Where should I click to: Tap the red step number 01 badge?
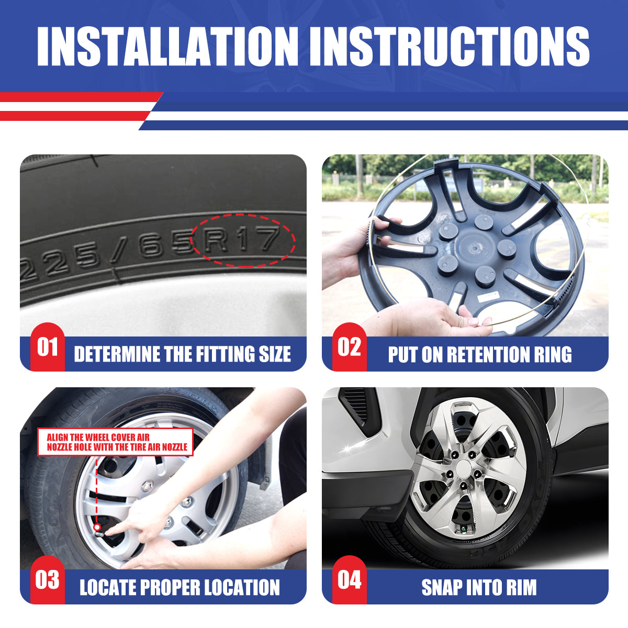click(47, 347)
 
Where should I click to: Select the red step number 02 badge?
click(349, 347)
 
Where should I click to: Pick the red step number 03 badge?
click(47, 580)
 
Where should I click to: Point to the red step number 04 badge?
click(349, 580)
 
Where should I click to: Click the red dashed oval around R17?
click(243, 240)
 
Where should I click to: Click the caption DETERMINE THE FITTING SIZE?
click(182, 354)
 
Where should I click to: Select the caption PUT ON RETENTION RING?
click(479, 354)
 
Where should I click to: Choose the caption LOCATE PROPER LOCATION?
click(180, 587)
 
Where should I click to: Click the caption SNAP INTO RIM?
click(479, 587)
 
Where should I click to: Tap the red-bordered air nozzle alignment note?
click(116, 442)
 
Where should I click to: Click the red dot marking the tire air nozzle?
click(97, 527)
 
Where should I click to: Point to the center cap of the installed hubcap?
click(462, 467)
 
